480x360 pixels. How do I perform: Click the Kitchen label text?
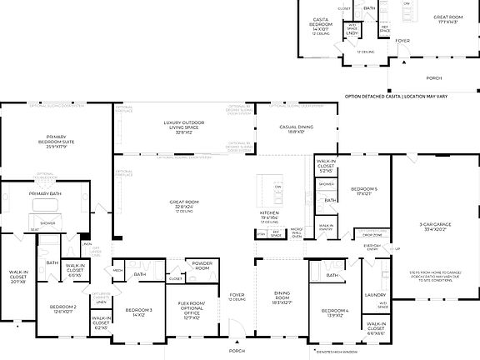point(271,215)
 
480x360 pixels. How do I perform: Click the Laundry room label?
point(375,295)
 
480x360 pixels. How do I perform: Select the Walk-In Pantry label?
point(327,226)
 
